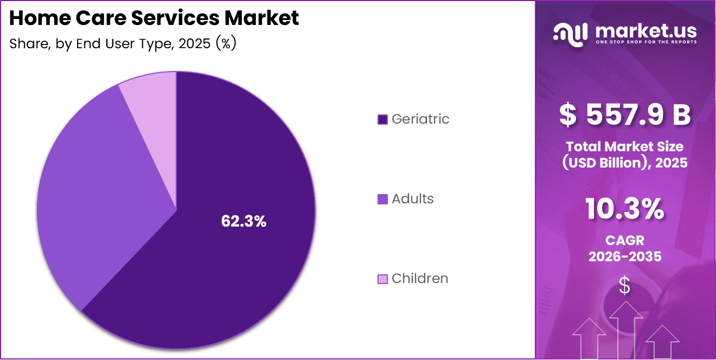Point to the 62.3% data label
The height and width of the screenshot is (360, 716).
244,221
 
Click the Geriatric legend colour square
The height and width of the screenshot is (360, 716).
382,119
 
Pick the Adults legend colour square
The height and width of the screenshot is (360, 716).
382,199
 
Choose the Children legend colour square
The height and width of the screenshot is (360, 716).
382,279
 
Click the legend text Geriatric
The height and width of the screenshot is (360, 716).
420,119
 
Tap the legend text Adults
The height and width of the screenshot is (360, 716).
413,199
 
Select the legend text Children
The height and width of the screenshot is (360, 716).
420,279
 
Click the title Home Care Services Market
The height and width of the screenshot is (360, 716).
154,18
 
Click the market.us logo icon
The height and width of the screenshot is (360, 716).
570,33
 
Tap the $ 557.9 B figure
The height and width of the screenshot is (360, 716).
625,115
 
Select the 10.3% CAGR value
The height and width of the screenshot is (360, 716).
625,209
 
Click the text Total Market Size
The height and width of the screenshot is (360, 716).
625,146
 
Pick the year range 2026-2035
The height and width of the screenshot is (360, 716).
625,256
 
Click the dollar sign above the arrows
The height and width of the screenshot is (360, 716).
625,286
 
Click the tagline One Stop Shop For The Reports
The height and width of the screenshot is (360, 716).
646,42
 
